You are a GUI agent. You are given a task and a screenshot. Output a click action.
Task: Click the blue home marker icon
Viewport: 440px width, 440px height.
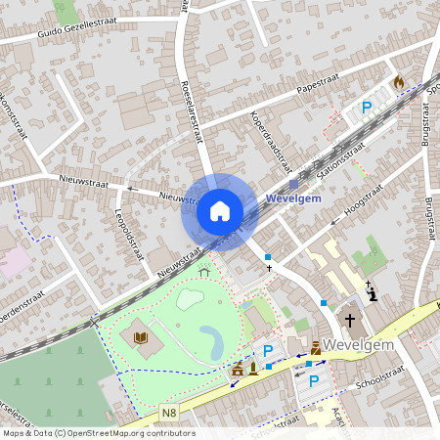tap(220, 210)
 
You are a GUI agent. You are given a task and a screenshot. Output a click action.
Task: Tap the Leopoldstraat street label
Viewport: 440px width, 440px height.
tap(128, 234)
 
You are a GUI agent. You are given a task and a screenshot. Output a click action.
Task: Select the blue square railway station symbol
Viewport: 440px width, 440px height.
tap(293, 184)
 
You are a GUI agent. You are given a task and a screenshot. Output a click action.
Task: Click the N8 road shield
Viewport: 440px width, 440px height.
tap(143, 413)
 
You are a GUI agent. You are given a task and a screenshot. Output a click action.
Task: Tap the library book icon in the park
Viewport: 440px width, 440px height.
tap(140, 338)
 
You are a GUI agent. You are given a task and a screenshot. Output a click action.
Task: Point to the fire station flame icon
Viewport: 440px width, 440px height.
tap(398, 82)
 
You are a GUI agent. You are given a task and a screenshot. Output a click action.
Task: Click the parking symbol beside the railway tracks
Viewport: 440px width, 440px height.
tap(367, 108)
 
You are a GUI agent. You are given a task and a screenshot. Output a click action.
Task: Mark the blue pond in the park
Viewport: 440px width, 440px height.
tap(209, 342)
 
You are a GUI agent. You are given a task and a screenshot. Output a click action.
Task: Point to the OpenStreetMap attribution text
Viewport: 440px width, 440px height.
tap(98, 433)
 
